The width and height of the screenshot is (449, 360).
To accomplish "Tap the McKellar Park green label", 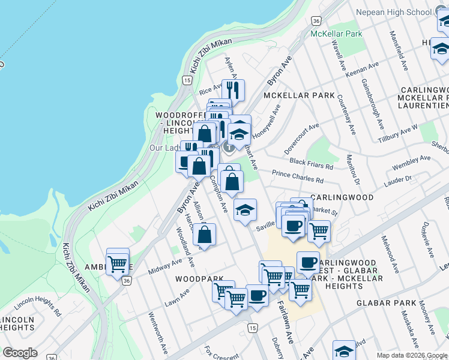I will (x=336, y=34).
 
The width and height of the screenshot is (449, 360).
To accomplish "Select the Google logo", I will (x=20, y=353).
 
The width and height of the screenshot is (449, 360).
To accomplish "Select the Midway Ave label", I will (x=164, y=268).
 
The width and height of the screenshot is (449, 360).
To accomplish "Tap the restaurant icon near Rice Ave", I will (x=233, y=91).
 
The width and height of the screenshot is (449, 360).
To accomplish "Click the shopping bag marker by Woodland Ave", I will (x=205, y=235).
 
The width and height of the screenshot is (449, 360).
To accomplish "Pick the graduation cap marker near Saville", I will (x=245, y=211).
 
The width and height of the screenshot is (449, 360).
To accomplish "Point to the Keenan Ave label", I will (x=363, y=70).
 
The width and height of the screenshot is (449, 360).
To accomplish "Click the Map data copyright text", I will (x=411, y=355).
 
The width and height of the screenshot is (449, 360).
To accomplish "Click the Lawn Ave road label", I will (x=177, y=297).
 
